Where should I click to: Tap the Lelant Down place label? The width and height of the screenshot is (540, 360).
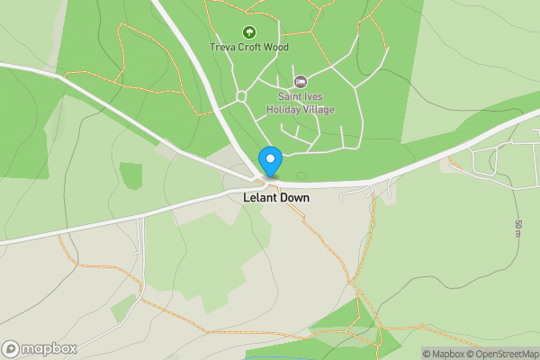point(275,195)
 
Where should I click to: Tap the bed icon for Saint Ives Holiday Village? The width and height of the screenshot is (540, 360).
point(301,82)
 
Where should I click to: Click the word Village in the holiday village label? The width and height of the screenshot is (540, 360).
point(317,110)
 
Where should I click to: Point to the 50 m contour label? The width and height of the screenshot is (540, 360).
point(518,229)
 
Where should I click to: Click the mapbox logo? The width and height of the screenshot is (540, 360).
point(40,348)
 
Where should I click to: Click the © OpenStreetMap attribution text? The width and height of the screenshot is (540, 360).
point(506,354)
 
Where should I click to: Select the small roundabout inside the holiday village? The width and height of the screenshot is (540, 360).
point(240,96)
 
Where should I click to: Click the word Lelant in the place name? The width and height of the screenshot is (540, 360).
point(259,195)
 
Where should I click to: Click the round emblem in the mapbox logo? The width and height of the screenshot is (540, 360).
point(12,348)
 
